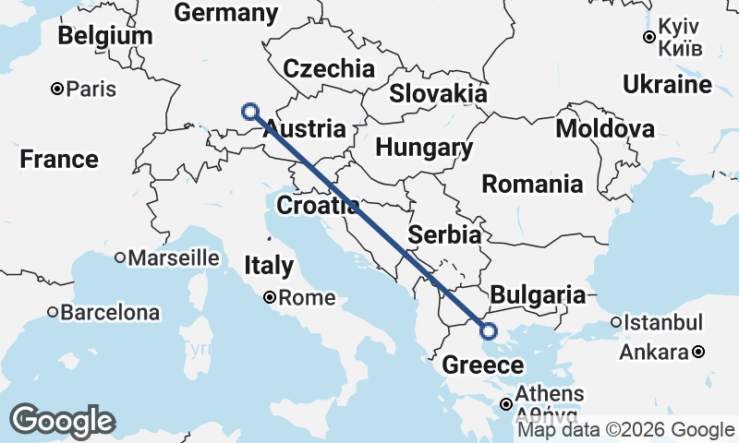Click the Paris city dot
click(x=57, y=90)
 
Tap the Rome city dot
click(x=269, y=297)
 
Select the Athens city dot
click(x=506, y=404)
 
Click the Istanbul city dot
click(x=616, y=322)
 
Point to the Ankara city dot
click(x=699, y=352)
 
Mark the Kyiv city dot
click(x=649, y=37)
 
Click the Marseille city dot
click(x=120, y=258)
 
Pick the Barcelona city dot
click(x=53, y=312)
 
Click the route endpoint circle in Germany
click(x=249, y=112)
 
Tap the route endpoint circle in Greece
click(x=488, y=331)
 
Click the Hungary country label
click(x=425, y=148)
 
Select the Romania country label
click(x=532, y=184)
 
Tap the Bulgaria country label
click(x=538, y=295)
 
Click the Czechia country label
click(x=329, y=68)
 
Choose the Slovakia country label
click(x=438, y=93)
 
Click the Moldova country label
click(x=605, y=128)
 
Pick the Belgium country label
click(x=104, y=36)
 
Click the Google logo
click(x=62, y=421)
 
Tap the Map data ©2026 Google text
click(x=625, y=430)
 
